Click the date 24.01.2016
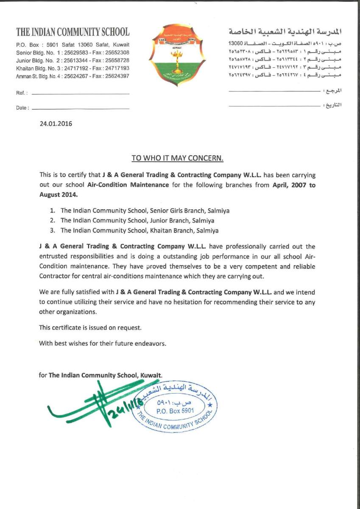click(56, 124)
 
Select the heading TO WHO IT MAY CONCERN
click(177, 158)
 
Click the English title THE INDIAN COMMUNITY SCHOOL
click(73, 32)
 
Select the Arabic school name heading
click(285, 32)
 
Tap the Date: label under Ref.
click(22, 108)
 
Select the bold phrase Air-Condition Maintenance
click(128, 185)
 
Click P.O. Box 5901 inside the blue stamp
click(175, 411)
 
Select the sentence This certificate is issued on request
click(90, 327)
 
